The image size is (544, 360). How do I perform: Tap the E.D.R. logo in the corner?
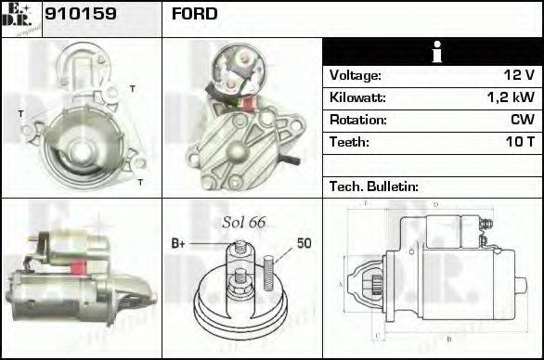(x=20, y=18)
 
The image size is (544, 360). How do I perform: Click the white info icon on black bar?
(x=432, y=52)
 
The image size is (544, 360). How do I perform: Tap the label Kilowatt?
(x=357, y=97)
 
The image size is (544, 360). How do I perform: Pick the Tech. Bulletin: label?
(x=374, y=186)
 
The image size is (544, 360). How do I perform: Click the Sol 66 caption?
(x=243, y=223)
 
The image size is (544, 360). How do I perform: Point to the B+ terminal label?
(x=178, y=244)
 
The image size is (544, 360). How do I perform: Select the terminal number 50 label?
(x=304, y=244)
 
